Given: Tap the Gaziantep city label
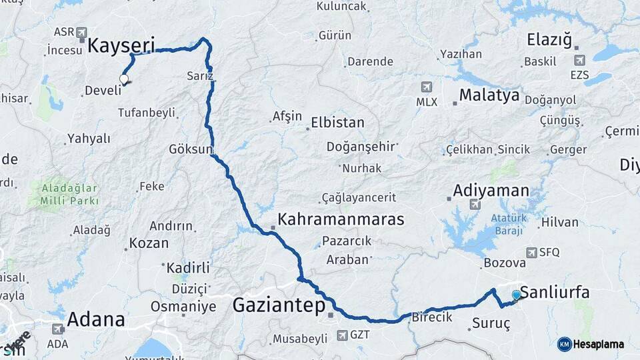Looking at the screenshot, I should (279, 306).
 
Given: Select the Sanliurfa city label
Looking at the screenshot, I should (555, 292).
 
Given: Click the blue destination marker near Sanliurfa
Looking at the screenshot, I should (516, 295).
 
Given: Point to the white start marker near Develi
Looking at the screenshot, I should (123, 79).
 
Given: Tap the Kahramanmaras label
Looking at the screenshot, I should (341, 219).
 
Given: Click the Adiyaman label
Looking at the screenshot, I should (491, 191).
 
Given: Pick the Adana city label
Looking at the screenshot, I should (96, 319).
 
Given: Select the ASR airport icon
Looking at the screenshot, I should (82, 32).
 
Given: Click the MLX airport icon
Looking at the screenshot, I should (426, 87).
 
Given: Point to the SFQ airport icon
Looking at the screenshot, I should (531, 253).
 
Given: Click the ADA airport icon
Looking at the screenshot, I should (58, 329).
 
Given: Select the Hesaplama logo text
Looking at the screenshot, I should (598, 344).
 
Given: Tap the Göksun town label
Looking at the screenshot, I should (190, 148).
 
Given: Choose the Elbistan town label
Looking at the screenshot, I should (337, 123).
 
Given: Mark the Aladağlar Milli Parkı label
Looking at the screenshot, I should (69, 194).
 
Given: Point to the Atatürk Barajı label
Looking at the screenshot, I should (509, 224).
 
